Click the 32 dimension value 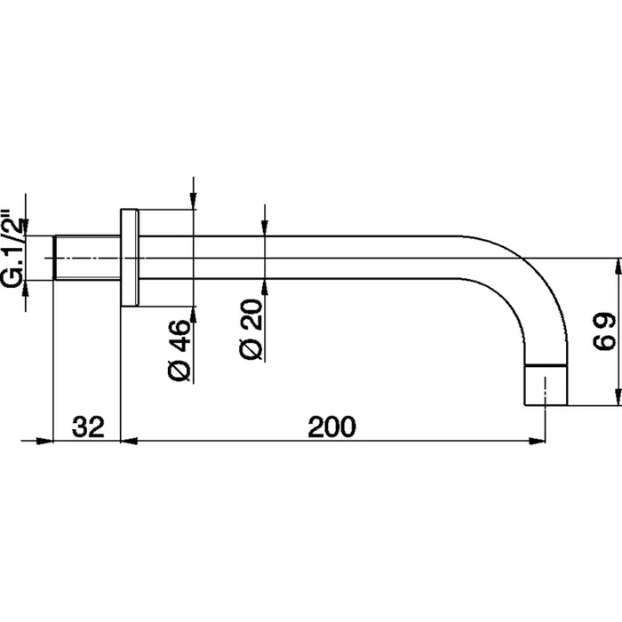click(88, 427)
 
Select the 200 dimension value click(332, 427)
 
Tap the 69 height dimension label click(603, 331)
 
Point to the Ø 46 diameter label click(179, 349)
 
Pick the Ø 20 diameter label click(251, 330)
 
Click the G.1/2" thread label click(12, 248)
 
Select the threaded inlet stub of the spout click(87, 258)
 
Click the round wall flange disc click(130, 258)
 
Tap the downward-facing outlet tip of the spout click(546, 385)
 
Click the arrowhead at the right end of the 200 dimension click(537, 441)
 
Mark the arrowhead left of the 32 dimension click(44, 441)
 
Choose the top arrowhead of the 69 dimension click(618, 267)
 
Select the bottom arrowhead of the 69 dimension click(618, 397)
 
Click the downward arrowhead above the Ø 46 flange click(193, 201)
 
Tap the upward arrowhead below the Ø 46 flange click(193, 315)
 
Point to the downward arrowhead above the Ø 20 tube click(265, 227)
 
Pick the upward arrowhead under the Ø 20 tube click(265, 288)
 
